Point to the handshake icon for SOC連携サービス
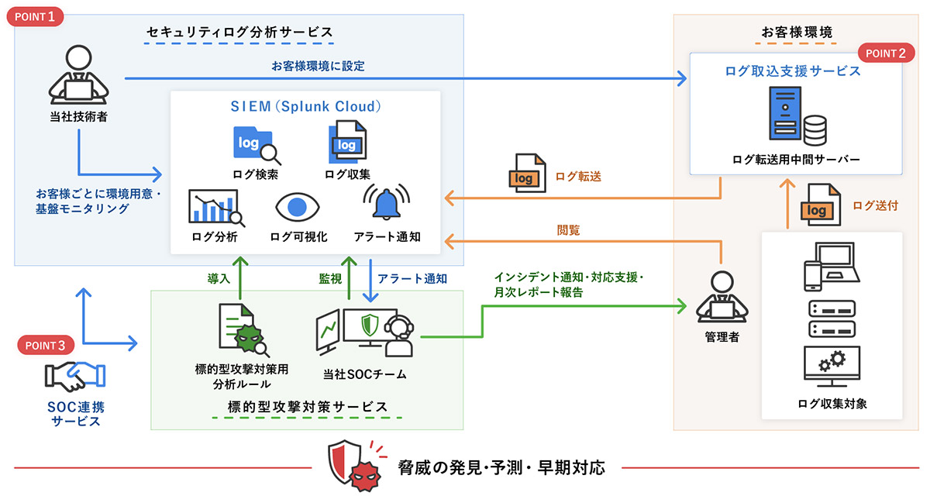pos(75,377)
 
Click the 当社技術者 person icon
pos(76,78)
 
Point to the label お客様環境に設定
pos(318,66)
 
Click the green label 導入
pos(219,277)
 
